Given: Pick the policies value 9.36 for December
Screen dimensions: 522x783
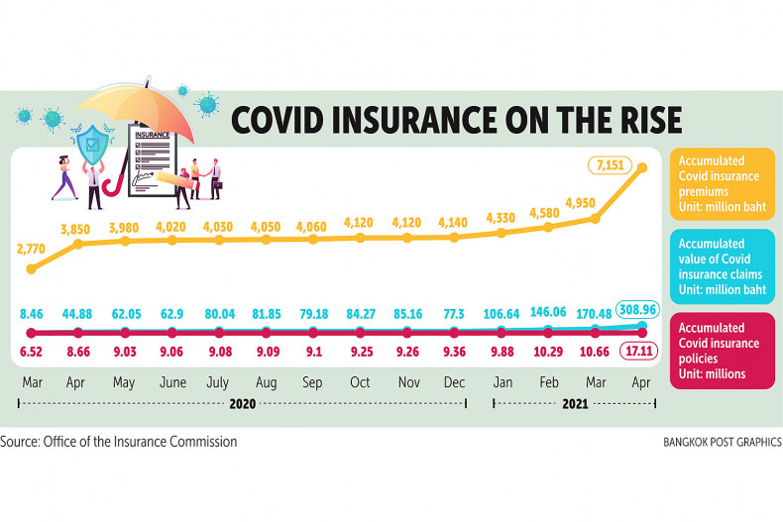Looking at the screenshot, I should click(x=455, y=351).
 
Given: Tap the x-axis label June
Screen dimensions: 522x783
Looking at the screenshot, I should click(x=171, y=381).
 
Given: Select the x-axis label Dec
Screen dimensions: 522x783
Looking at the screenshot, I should click(x=454, y=381).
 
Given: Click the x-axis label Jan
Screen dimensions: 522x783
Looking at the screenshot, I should click(x=501, y=381).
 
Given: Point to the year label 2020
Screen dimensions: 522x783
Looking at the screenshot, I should click(x=243, y=404).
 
